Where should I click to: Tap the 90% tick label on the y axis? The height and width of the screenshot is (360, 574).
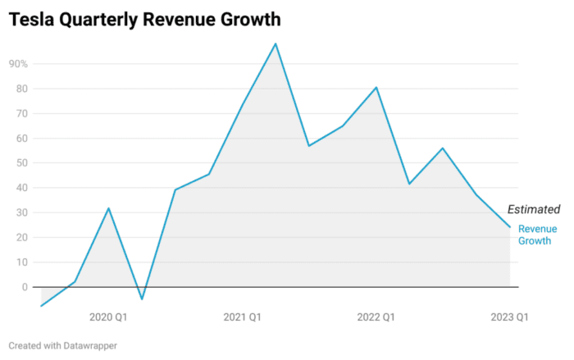(18, 64)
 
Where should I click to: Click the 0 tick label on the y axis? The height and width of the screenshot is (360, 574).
(25, 287)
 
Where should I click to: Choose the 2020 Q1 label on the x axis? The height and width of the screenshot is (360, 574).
(107, 317)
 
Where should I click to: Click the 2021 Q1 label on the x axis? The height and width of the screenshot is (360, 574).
(242, 317)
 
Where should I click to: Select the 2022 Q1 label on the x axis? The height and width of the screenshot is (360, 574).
(376, 317)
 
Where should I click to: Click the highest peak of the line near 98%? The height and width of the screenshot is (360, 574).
(276, 43)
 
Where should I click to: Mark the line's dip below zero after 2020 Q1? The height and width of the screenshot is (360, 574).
(142, 299)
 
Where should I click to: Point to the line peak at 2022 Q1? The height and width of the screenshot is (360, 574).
(376, 87)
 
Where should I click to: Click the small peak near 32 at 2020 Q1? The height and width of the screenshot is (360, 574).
(108, 208)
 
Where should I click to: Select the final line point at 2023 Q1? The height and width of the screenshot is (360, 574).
(510, 227)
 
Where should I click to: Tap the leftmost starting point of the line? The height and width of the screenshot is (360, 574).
(41, 306)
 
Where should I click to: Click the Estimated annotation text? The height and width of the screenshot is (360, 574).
(534, 210)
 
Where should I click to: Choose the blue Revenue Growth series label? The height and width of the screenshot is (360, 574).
(537, 235)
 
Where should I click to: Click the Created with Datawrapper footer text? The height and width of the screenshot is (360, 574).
(63, 346)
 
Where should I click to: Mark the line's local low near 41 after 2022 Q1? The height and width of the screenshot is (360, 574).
(409, 184)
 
